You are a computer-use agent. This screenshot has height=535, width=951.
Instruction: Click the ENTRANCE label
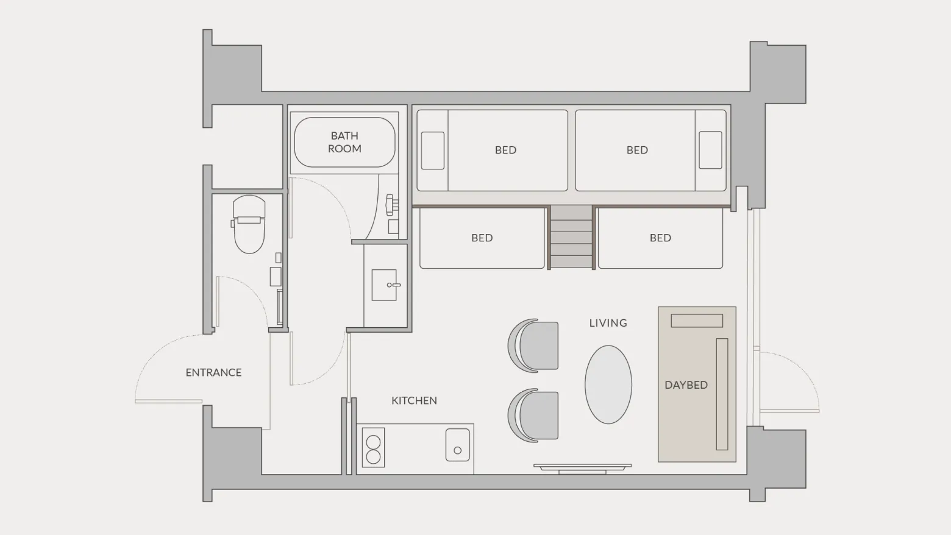click(213, 372)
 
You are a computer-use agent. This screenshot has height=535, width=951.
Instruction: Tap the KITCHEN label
click(414, 400)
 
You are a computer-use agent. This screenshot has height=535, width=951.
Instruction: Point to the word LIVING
click(608, 323)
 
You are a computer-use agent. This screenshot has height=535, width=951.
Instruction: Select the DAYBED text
click(686, 385)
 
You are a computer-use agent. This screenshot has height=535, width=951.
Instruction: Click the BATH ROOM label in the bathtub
click(344, 142)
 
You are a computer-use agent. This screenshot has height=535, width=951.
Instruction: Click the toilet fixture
click(249, 224)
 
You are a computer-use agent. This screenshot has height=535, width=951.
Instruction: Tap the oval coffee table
click(608, 384)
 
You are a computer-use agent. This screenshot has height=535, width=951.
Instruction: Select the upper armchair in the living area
click(533, 345)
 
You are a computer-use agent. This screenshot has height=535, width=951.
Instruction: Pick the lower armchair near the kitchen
click(533, 416)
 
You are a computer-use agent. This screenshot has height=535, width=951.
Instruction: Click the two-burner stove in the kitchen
click(373, 448)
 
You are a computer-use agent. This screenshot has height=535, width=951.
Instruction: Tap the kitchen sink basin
click(458, 445)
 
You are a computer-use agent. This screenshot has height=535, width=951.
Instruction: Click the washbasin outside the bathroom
click(385, 285)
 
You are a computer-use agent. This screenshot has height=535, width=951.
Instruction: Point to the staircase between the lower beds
click(571, 237)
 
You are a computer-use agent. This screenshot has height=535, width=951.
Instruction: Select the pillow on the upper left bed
click(433, 151)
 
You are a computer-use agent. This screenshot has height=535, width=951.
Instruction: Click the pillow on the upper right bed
click(710, 150)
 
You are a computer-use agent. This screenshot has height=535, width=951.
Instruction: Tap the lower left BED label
click(482, 238)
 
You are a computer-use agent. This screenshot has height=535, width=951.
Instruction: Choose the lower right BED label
click(660, 238)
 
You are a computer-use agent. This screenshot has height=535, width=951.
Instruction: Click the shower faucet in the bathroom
click(391, 205)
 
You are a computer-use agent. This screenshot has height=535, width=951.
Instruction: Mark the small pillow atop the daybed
click(697, 321)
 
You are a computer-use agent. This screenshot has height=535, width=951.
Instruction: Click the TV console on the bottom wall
click(583, 469)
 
